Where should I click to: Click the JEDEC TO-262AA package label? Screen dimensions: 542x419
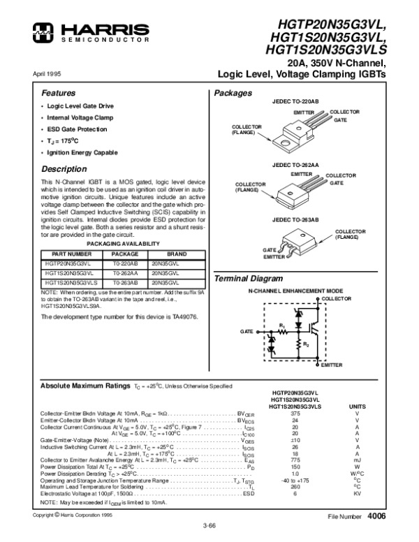pos(295,164)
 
